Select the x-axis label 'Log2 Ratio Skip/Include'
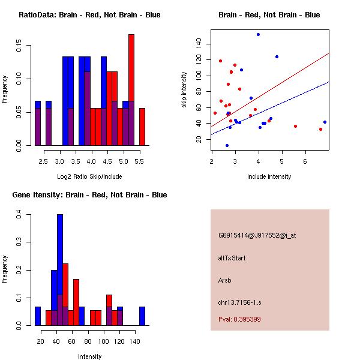click(89, 176)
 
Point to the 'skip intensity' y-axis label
click(184, 90)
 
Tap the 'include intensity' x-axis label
click(269, 176)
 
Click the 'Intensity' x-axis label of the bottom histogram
click(90, 356)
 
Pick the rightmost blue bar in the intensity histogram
click(142, 316)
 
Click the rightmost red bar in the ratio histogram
click(142, 126)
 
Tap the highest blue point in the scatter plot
click(258, 34)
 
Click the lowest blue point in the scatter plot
click(227, 145)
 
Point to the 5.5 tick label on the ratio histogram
click(139, 162)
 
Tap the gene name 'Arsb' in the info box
click(225, 280)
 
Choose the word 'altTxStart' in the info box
click(232, 258)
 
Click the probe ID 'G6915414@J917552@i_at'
click(257, 235)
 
